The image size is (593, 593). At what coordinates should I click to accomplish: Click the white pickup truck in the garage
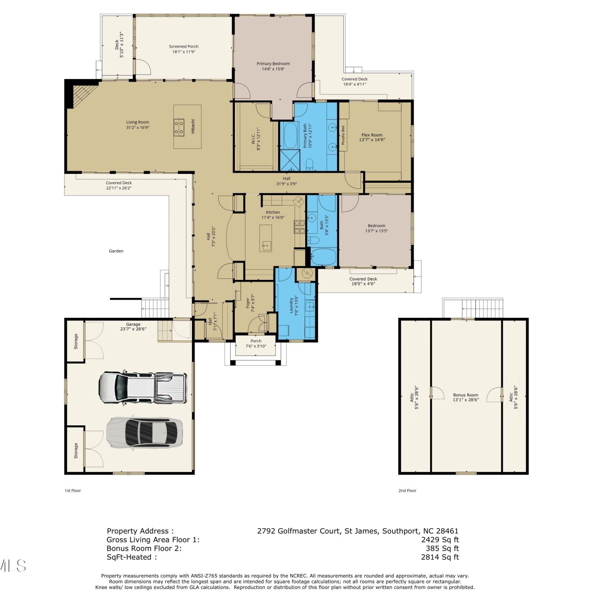coord(143,387)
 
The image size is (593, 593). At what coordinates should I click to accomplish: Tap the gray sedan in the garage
coord(145,432)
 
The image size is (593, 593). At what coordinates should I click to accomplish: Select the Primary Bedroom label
coord(273,64)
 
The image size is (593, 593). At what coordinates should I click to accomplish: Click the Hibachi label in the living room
coord(193,126)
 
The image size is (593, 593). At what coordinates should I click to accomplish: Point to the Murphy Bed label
coord(343,135)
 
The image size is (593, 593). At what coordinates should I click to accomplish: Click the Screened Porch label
coord(184,47)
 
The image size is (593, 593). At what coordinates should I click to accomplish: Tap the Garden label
coord(116,251)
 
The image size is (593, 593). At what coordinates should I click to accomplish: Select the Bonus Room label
coord(466,395)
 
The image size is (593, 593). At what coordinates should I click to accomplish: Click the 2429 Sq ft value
coord(440,540)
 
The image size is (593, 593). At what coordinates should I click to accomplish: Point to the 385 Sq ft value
coord(442,549)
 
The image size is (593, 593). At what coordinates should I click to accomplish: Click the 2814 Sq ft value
coord(440,557)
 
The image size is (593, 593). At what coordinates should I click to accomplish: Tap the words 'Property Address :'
coord(140,531)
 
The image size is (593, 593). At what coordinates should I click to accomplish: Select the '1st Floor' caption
coord(73,491)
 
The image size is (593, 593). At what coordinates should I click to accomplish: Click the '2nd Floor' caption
coord(407,491)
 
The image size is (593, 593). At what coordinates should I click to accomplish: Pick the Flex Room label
coord(372,135)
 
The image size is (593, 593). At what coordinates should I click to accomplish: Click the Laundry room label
coord(291,306)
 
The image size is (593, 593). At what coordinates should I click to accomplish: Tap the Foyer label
coord(248,303)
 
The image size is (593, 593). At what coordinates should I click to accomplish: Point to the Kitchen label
coord(273,212)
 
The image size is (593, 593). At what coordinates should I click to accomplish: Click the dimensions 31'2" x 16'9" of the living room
coord(138,128)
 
